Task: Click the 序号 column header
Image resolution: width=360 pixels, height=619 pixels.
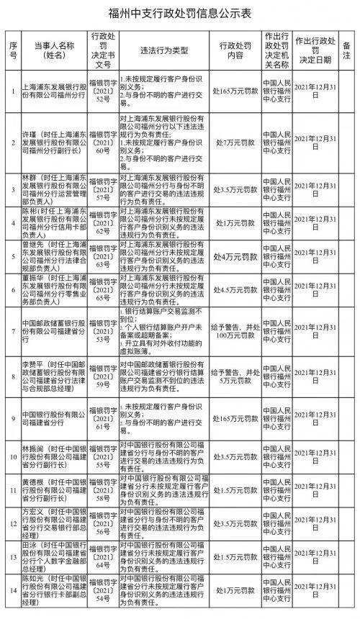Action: [x=12, y=49]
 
